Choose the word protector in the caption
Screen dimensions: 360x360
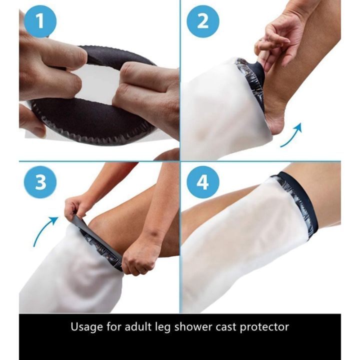tap(265, 327)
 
